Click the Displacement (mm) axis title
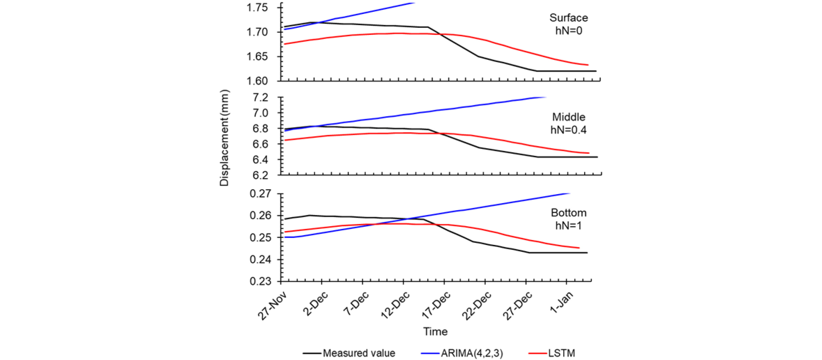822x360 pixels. (x=224, y=138)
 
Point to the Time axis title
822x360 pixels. (x=435, y=331)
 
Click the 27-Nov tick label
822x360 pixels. (x=273, y=306)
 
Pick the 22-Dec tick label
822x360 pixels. (x=477, y=306)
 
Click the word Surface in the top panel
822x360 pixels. (x=569, y=18)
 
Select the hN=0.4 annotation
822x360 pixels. (x=569, y=130)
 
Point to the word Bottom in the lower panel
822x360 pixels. (x=569, y=213)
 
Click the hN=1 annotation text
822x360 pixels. (x=569, y=225)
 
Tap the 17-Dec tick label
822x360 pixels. (x=436, y=306)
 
